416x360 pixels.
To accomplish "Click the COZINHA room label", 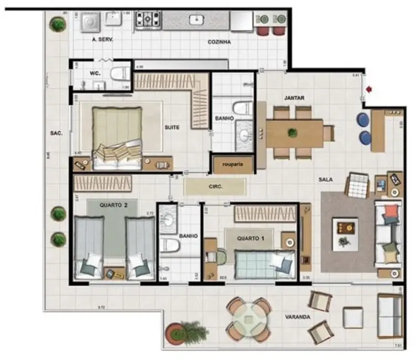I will click(219, 42).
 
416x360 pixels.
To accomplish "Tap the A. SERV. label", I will click(102, 40).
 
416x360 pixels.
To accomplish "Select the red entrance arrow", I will click(368, 87).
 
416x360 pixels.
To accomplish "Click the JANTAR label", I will click(294, 98).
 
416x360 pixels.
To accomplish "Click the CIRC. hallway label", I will click(215, 187).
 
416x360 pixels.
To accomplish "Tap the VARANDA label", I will click(297, 317).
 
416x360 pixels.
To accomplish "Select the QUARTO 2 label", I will click(113, 204).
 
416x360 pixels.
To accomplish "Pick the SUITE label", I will click(172, 127).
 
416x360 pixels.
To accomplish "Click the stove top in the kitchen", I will click(148, 20).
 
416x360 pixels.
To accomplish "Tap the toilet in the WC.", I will click(118, 74).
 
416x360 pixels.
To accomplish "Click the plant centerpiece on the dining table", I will click(293, 132).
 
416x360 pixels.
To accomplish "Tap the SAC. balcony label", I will click(56, 133).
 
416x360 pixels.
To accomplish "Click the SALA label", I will click(325, 180).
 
